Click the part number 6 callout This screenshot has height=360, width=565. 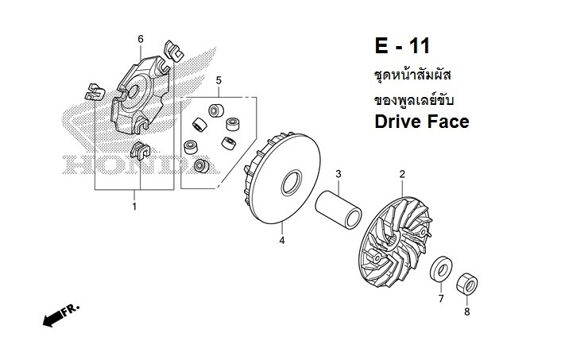(141, 39)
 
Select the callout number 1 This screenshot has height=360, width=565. (134, 207)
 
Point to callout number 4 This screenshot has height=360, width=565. (281, 239)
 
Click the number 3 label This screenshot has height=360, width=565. (338, 174)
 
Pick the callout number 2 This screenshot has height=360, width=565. (402, 174)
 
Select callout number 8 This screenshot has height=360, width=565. (466, 312)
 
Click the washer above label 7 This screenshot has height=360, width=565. (440, 269)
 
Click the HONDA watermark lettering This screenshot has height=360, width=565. (119, 165)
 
